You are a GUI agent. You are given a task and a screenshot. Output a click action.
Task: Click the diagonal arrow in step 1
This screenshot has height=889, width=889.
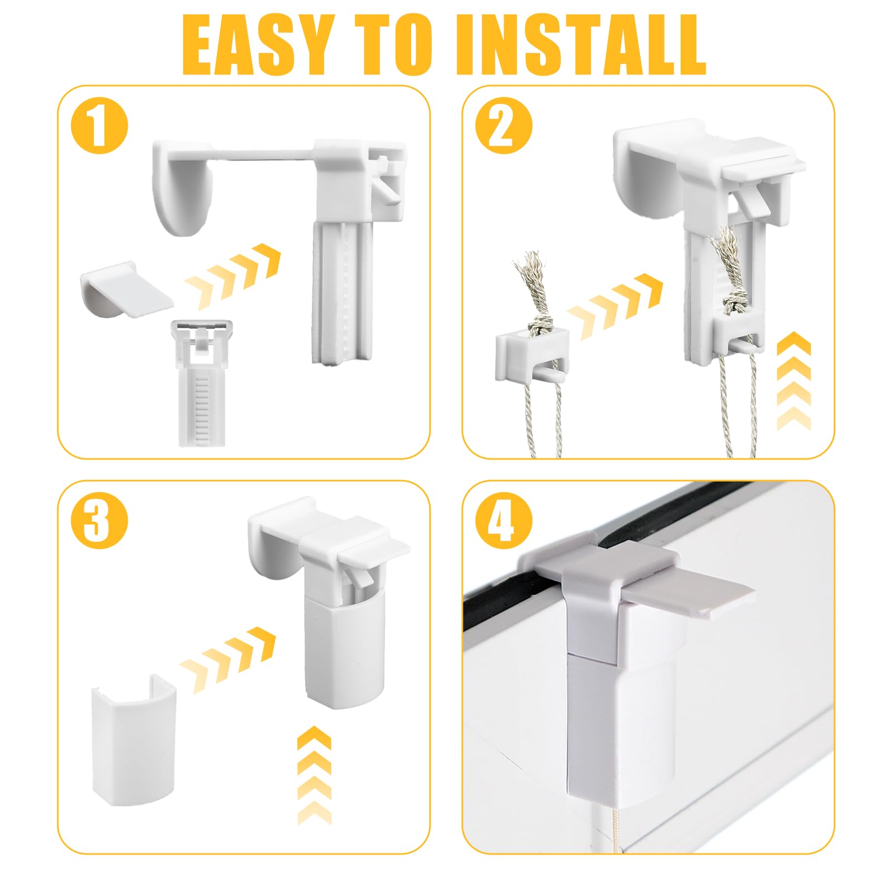tap(232, 268)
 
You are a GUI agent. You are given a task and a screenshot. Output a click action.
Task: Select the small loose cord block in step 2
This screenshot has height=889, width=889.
tap(531, 356)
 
